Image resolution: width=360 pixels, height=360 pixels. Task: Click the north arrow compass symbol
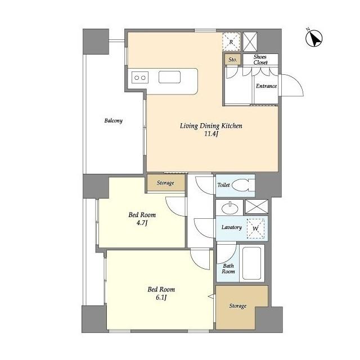coord(314,38)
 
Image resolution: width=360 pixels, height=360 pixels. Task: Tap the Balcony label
coord(114,120)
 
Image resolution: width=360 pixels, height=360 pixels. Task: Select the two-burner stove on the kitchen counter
coord(140,78)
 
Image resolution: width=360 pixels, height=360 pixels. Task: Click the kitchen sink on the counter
coord(169,77)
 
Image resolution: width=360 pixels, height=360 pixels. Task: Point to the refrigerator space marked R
coord(231,42)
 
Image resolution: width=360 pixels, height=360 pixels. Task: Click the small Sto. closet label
coord(232,60)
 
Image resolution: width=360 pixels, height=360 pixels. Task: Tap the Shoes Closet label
coord(260,60)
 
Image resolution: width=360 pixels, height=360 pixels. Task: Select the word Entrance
coord(266,86)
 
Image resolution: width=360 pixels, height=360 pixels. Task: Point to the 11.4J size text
coord(211,134)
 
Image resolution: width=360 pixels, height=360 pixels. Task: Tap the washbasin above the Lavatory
coord(230,208)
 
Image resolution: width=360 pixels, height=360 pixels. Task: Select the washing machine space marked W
coord(255,228)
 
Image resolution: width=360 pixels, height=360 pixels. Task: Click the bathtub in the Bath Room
coord(251,263)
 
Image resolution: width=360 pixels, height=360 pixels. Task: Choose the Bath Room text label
coord(228,269)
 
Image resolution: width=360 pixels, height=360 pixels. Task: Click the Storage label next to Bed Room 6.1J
coord(237,306)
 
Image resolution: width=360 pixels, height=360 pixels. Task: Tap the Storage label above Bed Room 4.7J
coord(165,183)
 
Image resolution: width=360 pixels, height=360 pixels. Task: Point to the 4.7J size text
coord(142,223)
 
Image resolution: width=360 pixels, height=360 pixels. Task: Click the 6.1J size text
coord(161,298)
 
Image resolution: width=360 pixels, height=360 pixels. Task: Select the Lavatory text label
coord(231,227)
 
